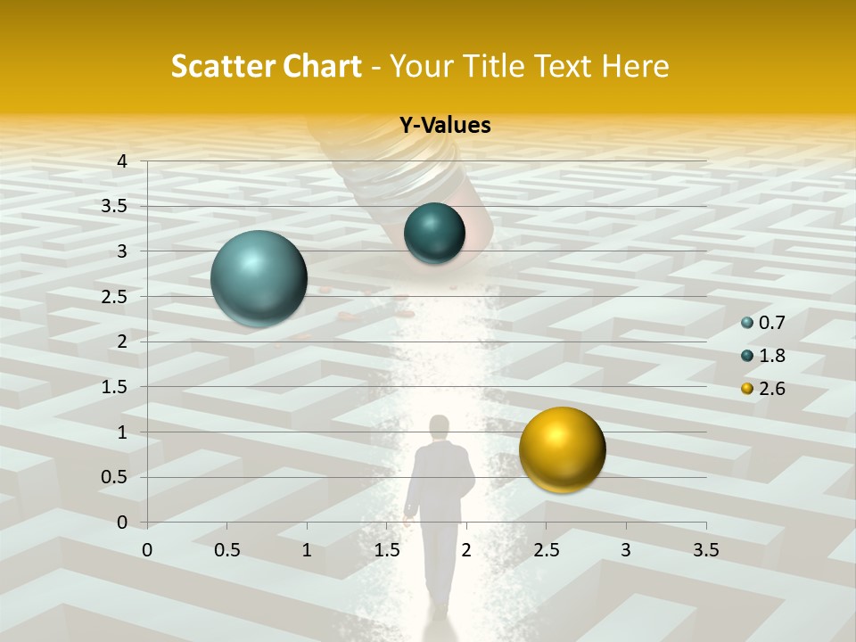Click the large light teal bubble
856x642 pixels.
(259, 278)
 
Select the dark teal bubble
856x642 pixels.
(434, 234)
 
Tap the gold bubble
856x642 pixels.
(562, 449)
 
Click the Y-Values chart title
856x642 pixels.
(444, 126)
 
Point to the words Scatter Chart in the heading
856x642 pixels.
(266, 66)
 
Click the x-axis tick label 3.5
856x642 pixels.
(705, 550)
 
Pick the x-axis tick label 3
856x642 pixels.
(626, 550)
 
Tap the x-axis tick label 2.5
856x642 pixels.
(546, 550)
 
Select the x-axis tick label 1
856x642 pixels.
(307, 550)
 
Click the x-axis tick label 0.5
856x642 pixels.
(226, 550)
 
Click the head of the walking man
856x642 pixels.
(439, 426)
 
